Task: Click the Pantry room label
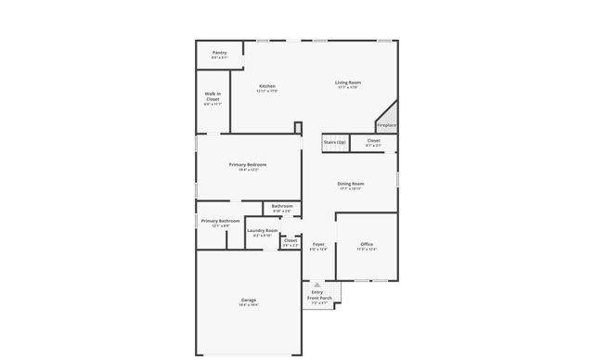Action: [x=219, y=53]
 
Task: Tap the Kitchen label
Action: [x=267, y=85]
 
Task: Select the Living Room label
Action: [x=348, y=83]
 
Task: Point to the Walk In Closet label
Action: [x=213, y=96]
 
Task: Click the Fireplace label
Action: [x=387, y=125]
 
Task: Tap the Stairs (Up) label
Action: [x=335, y=142]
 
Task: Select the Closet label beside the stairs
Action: [x=373, y=141]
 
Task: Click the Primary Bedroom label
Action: [x=248, y=164]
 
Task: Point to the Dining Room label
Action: [x=350, y=184]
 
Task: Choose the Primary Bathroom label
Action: [x=220, y=221]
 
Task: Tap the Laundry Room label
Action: [x=263, y=230]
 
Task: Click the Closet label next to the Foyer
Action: [x=291, y=240]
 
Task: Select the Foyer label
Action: [x=318, y=244]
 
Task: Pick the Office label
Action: [x=367, y=244]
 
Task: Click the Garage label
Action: [x=249, y=300]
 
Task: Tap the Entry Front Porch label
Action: [x=318, y=295]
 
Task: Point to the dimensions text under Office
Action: [x=367, y=249]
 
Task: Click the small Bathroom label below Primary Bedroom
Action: [x=282, y=206]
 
